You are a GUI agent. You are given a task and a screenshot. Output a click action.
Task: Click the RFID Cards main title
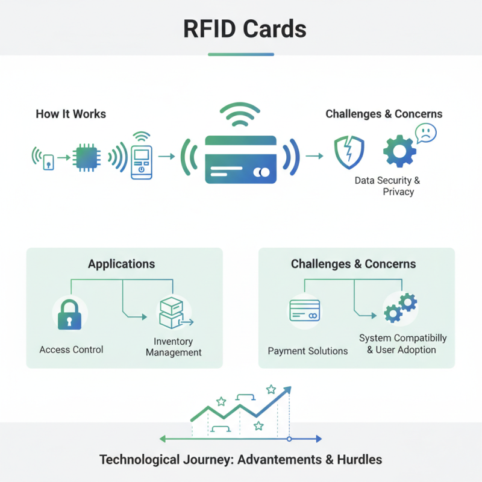click(x=240, y=28)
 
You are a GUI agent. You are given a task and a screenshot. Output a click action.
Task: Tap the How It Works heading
click(x=70, y=114)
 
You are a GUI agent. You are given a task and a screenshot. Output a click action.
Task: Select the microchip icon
click(x=84, y=158)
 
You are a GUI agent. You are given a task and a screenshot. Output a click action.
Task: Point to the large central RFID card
click(x=240, y=159)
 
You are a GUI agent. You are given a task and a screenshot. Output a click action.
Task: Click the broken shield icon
click(x=349, y=152)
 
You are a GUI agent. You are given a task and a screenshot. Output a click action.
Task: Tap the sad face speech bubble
click(x=425, y=133)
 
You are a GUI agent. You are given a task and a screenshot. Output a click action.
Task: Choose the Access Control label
click(x=71, y=349)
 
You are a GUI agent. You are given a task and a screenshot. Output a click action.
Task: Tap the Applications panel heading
click(x=121, y=264)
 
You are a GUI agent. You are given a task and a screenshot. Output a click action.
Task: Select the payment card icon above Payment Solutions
click(x=305, y=311)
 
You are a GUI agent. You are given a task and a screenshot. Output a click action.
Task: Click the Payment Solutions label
click(x=308, y=351)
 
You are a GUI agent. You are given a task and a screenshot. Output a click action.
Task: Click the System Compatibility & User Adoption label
click(x=402, y=343)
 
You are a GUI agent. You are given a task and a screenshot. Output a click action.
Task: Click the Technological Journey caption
click(x=240, y=460)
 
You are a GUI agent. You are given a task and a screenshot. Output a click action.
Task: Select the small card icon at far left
click(x=48, y=161)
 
